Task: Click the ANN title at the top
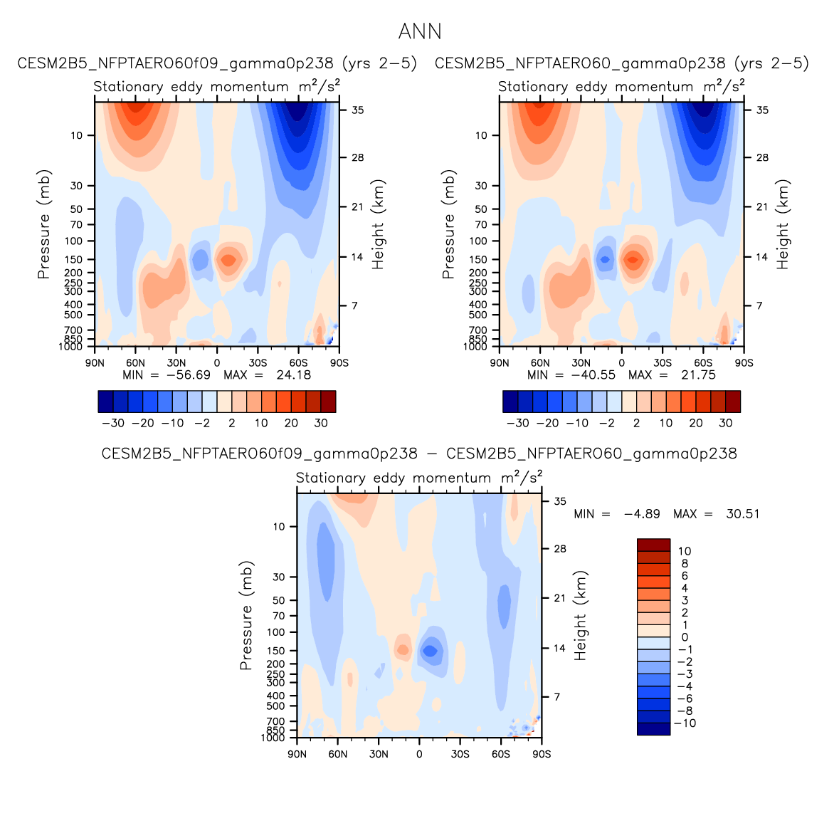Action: [420, 32]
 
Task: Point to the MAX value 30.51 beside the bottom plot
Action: [742, 514]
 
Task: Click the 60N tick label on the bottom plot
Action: [338, 754]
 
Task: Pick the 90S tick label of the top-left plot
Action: [339, 362]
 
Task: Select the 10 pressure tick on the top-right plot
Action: [481, 135]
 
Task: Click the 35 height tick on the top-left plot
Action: [358, 110]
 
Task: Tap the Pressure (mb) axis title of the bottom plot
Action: [246, 616]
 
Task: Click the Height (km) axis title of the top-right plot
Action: [783, 224]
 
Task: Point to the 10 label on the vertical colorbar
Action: [685, 551]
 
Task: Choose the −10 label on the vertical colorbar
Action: [685, 723]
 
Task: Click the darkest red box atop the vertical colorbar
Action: [653, 545]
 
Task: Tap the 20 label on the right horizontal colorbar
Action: [695, 423]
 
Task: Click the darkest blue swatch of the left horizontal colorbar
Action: [105, 402]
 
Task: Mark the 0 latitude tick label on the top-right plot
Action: [621, 362]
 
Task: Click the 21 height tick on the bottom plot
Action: [560, 598]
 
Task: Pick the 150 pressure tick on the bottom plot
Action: [277, 651]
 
